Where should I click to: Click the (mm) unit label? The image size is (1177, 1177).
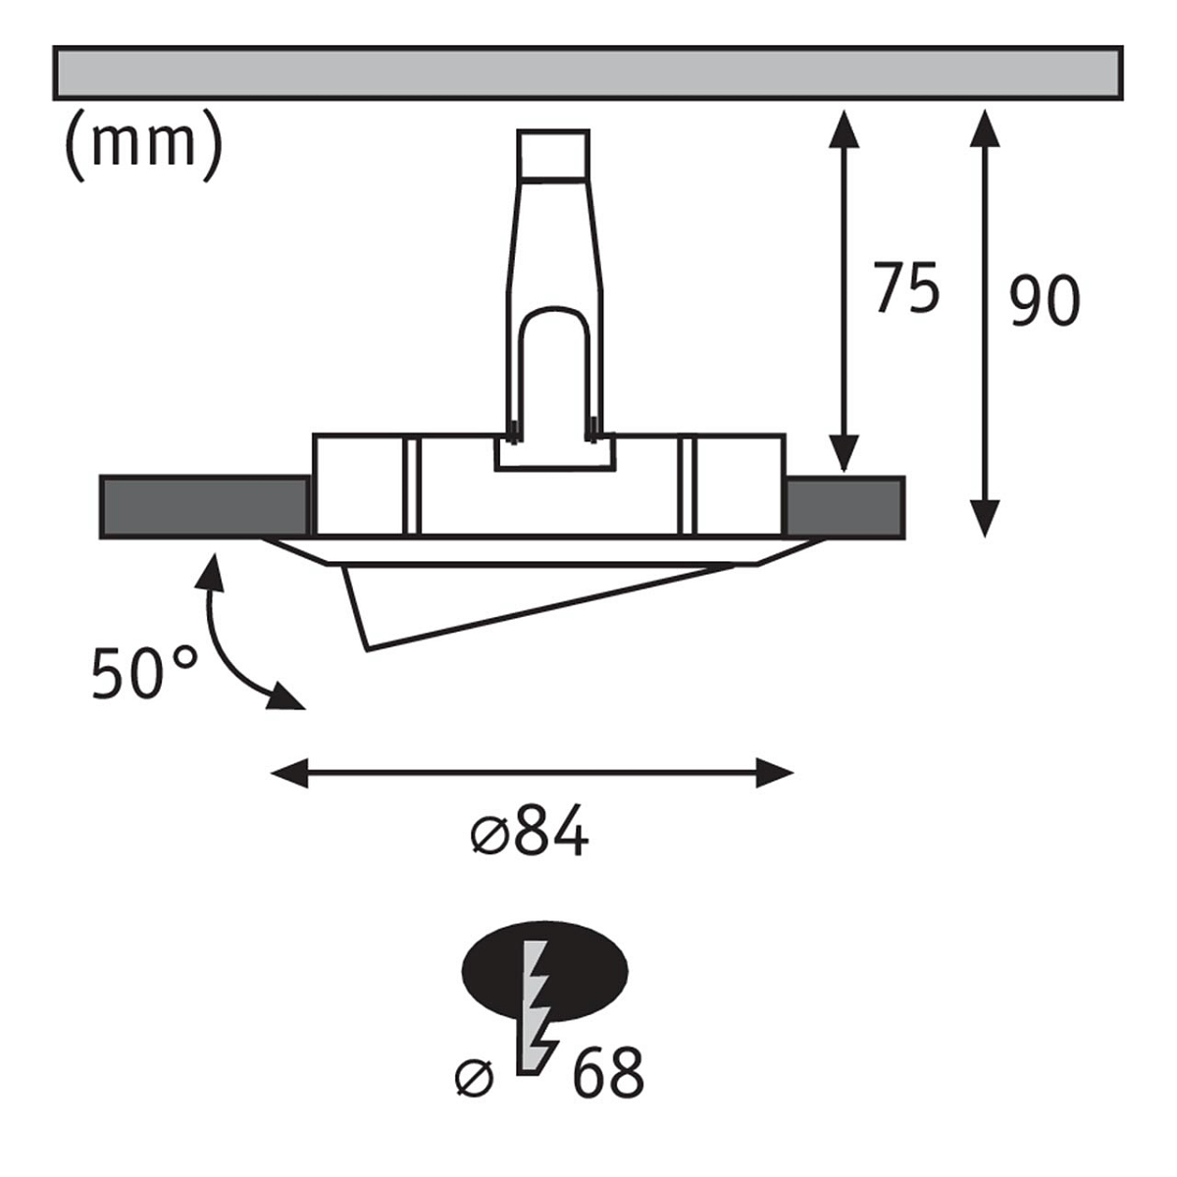click(143, 145)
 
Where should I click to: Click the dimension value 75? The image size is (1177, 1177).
click(906, 287)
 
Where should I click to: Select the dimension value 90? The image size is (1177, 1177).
click(1044, 300)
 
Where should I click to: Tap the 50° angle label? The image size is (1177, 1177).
click(145, 673)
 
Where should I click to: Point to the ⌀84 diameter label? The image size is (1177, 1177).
click(530, 830)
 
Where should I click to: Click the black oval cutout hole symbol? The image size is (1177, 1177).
click(544, 971)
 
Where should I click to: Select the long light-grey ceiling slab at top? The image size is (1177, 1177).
click(588, 72)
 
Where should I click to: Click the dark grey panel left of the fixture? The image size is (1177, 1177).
click(205, 507)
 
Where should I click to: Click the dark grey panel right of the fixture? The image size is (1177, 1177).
click(845, 507)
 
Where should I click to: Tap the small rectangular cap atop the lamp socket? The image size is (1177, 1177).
click(553, 155)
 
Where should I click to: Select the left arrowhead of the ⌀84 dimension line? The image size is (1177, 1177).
click(289, 773)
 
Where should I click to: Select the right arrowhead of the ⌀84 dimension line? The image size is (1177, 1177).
click(775, 773)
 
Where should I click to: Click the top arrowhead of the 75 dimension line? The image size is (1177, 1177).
click(844, 128)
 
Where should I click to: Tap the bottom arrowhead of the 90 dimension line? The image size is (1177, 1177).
click(985, 519)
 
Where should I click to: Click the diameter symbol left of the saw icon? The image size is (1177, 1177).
click(475, 1079)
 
